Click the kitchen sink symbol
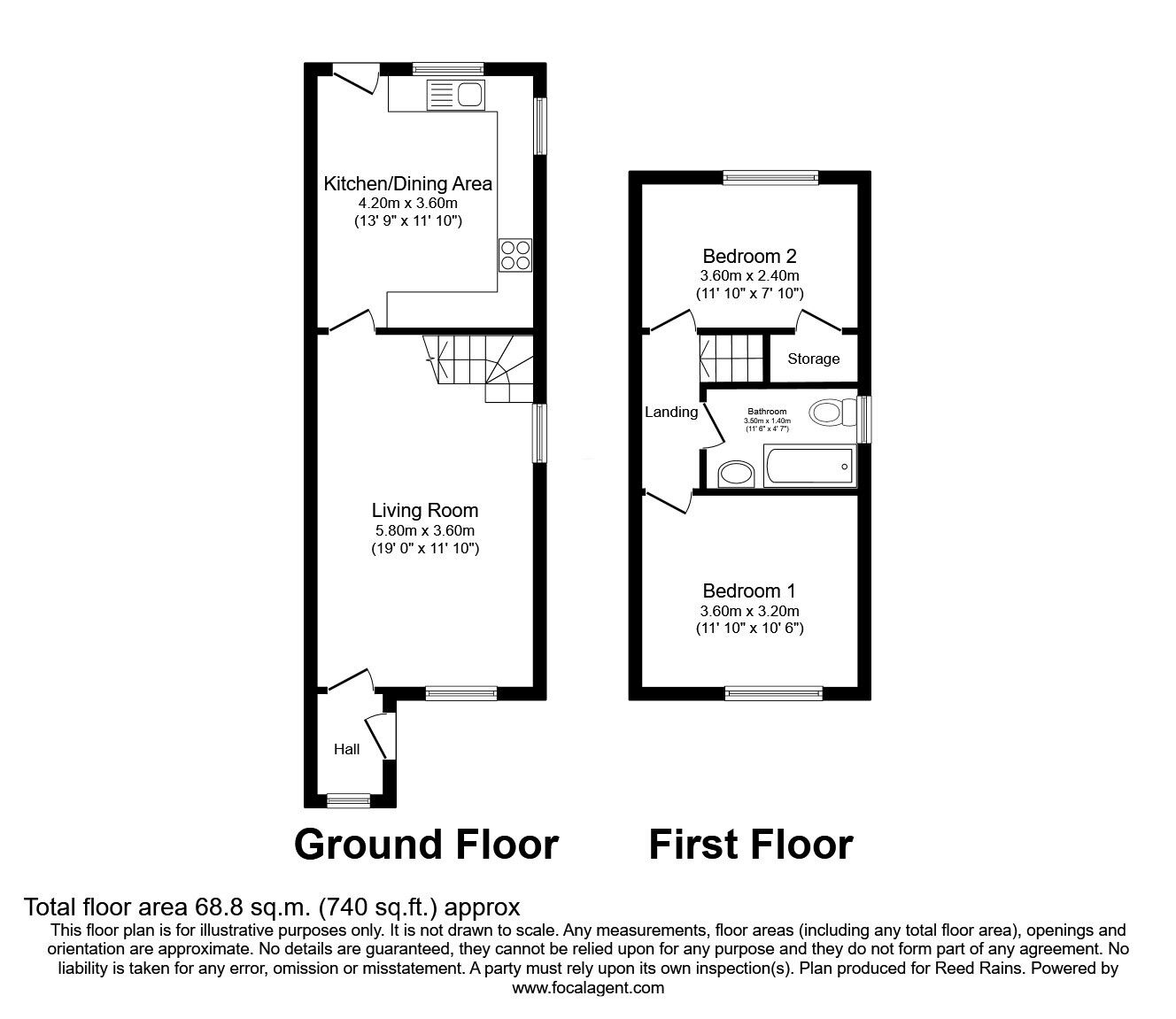pyautogui.click(x=454, y=94)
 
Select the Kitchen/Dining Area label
pyautogui.click(x=407, y=184)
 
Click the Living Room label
pyautogui.click(x=425, y=511)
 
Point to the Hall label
pyautogui.click(x=347, y=750)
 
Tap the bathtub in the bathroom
pyautogui.click(x=808, y=467)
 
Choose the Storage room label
pyautogui.click(x=814, y=359)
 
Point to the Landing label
pyautogui.click(x=671, y=413)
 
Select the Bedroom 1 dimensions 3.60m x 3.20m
pyautogui.click(x=750, y=612)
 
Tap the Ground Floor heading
pyautogui.click(x=426, y=845)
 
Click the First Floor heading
pyautogui.click(x=750, y=845)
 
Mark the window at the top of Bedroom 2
pyautogui.click(x=770, y=177)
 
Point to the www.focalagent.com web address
pyautogui.click(x=588, y=988)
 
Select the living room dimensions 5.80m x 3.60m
pyautogui.click(x=425, y=531)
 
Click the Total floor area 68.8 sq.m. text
pyautogui.click(x=272, y=907)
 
